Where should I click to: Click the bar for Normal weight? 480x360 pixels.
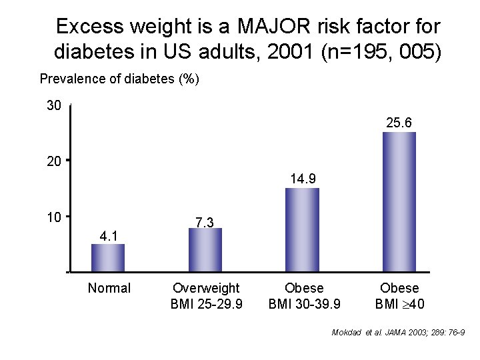point(108,258)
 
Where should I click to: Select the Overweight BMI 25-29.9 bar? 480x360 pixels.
point(205,250)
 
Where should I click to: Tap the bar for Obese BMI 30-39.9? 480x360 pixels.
point(302,230)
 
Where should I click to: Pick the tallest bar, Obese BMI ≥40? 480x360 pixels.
point(399,202)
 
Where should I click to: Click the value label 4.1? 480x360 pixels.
point(108,235)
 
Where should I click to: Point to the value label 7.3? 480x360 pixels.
point(205,222)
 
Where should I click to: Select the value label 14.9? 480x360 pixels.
point(303,179)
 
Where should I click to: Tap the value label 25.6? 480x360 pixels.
point(399,123)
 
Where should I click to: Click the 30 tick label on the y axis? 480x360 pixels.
point(54,106)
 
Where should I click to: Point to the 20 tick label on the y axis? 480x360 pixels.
point(54,161)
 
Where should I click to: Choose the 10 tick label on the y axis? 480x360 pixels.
point(54,217)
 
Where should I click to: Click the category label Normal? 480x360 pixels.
point(109,288)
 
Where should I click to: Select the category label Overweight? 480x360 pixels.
point(206,288)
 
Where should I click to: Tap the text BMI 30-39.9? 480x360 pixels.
point(304,304)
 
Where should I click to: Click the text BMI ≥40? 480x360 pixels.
point(399,304)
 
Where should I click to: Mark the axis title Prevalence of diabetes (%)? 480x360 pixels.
point(119,79)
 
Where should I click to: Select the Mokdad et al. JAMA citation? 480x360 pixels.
point(398,332)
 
